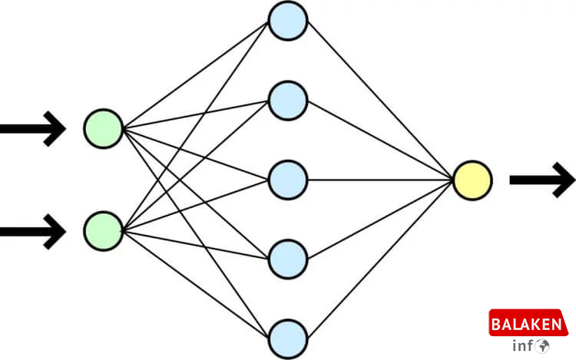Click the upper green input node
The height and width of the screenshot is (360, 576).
click(104, 128)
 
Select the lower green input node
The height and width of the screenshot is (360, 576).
click(104, 230)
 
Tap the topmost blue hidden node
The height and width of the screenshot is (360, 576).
click(288, 21)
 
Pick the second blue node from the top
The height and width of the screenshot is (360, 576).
click(288, 100)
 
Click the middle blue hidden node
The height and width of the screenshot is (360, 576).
click(288, 180)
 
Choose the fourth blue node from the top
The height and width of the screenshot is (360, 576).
click(288, 259)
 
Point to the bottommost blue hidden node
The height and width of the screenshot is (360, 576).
click(288, 338)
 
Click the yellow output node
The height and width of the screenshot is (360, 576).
click(472, 180)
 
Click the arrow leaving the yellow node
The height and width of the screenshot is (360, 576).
click(541, 180)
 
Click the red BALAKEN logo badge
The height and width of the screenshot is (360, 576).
click(529, 324)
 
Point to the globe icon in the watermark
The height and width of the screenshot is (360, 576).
click(543, 346)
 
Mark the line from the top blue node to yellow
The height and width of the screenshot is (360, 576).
click(380, 101)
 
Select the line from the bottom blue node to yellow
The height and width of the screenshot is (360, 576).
click(380, 259)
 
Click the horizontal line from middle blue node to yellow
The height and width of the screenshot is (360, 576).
click(380, 180)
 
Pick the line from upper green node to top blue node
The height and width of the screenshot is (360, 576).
click(196, 74)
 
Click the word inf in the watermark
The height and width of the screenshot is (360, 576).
click(523, 346)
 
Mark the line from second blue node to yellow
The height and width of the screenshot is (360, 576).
click(380, 140)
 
